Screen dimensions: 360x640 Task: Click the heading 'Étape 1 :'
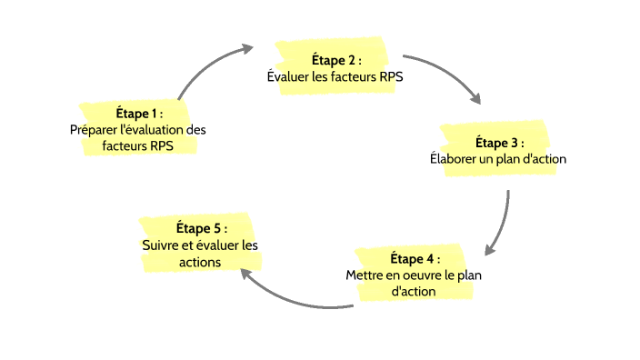tap(138, 114)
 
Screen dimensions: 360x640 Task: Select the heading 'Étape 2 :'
tap(335, 60)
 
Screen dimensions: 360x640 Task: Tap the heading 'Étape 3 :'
tap(499, 143)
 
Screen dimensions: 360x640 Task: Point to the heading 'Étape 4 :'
tap(415, 259)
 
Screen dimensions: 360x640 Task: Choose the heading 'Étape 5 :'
tap(200, 227)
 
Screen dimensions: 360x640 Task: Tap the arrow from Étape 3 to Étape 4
tap(503, 223)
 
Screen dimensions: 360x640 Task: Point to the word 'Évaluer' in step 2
tap(289, 76)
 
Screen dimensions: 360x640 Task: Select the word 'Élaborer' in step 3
tap(452, 159)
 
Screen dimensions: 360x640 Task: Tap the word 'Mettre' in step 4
tap(365, 275)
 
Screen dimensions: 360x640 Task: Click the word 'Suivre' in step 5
tap(162, 245)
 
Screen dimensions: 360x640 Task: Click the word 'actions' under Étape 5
tap(200, 261)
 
